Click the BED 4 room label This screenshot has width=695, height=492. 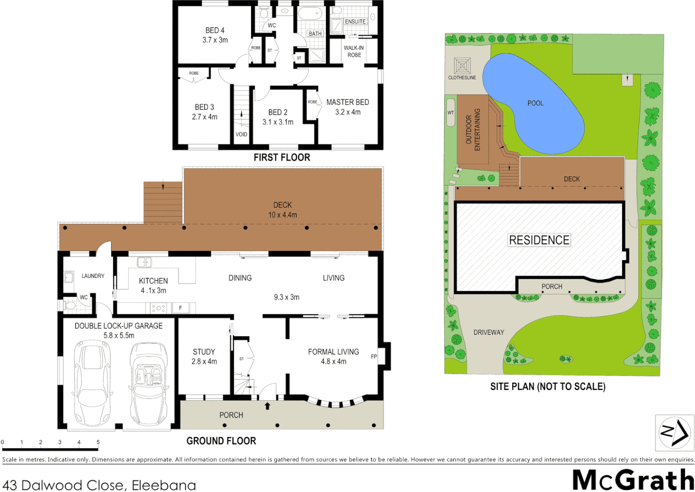click(215, 31)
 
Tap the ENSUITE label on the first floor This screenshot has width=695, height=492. click(355, 21)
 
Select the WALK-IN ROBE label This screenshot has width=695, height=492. click(354, 51)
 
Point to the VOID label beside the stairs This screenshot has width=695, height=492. click(241, 134)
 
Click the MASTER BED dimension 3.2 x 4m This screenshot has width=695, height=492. click(348, 112)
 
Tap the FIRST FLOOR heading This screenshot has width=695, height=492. click(282, 158)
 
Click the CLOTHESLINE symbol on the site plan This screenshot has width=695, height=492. click(462, 66)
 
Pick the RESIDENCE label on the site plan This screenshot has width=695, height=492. click(539, 240)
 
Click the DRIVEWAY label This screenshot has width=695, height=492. click(489, 333)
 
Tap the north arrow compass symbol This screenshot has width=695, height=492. click(674, 432)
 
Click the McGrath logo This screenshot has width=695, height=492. click(633, 480)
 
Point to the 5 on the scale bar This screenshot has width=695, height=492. click(98, 442)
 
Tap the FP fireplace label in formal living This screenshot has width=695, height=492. click(374, 357)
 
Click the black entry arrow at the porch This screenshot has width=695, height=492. click(268, 406)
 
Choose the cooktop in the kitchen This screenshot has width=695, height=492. click(158, 308)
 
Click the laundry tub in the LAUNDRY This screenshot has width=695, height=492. click(69, 277)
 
